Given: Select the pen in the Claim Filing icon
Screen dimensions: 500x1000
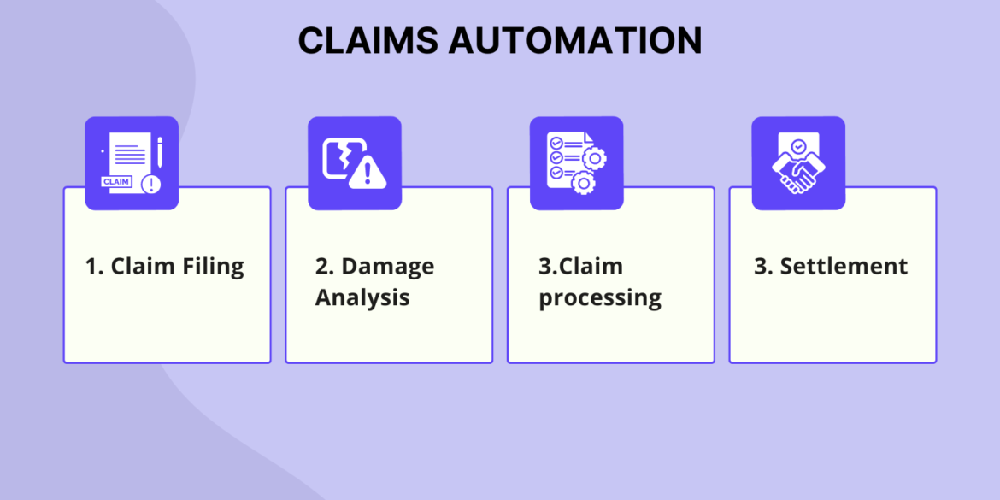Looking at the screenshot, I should pyautogui.click(x=159, y=152).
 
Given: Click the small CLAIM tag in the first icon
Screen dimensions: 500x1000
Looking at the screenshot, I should pyautogui.click(x=116, y=182).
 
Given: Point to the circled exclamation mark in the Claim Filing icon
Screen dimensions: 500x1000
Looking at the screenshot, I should pyautogui.click(x=151, y=183).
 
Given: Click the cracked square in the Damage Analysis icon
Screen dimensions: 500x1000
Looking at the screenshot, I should pyautogui.click(x=339, y=158).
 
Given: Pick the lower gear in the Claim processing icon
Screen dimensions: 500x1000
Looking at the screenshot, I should pyautogui.click(x=583, y=181).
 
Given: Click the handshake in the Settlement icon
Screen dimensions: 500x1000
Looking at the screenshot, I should pyautogui.click(x=797, y=174).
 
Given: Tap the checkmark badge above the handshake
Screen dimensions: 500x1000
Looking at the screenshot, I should pyautogui.click(x=798, y=147).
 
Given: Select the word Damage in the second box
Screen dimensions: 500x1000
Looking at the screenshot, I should pyautogui.click(x=387, y=267).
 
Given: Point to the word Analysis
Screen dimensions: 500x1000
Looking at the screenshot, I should pyautogui.click(x=362, y=297).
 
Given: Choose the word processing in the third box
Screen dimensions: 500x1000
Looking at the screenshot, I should pyautogui.click(x=600, y=298).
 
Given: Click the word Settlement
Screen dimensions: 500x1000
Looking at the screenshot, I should pyautogui.click(x=844, y=266).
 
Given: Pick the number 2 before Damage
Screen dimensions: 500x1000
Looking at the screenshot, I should pyautogui.click(x=323, y=267).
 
